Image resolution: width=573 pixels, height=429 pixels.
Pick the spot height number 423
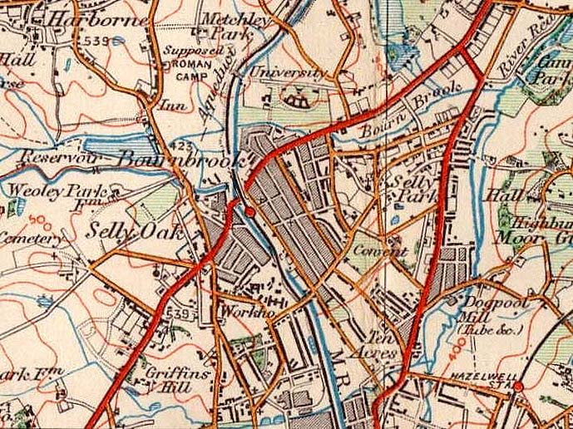(186, 146)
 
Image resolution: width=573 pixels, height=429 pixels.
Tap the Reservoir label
(51, 157)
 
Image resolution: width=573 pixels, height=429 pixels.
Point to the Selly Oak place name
(135, 232)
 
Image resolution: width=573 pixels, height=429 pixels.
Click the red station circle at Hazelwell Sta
(517, 387)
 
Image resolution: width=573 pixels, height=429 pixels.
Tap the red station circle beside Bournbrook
(249, 214)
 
